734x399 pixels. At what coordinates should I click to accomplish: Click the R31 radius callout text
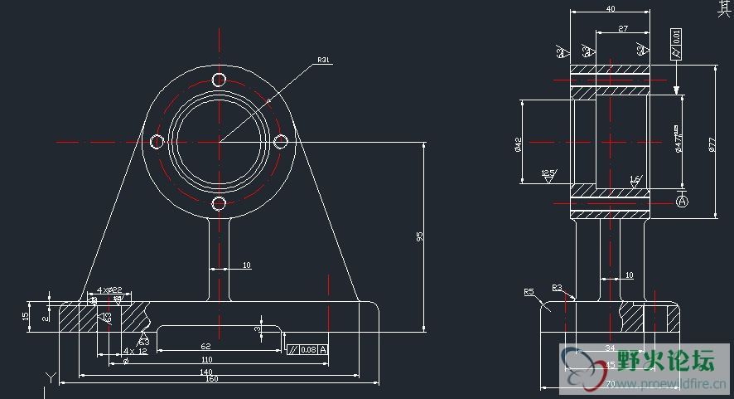click(x=323, y=60)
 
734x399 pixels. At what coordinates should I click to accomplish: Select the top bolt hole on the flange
click(x=219, y=80)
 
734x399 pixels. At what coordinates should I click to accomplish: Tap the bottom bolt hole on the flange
click(x=219, y=203)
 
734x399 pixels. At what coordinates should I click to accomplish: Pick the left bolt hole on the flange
click(x=156, y=142)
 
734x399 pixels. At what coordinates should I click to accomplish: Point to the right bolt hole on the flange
click(x=280, y=142)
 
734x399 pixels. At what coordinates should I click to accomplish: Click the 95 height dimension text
click(x=419, y=236)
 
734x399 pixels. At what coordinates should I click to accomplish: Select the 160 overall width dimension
click(x=211, y=379)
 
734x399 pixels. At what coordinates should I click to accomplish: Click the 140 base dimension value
click(x=207, y=372)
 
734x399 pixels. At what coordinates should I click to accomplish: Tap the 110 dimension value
click(x=207, y=360)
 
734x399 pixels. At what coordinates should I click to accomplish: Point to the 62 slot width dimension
click(x=206, y=347)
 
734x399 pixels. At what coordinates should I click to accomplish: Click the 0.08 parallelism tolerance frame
click(x=307, y=349)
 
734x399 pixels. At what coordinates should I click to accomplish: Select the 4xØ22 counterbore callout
click(x=109, y=290)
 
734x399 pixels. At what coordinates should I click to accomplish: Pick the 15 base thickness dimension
click(x=26, y=316)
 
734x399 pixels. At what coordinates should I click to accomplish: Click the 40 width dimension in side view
click(x=611, y=9)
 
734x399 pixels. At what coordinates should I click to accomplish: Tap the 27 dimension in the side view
click(x=623, y=29)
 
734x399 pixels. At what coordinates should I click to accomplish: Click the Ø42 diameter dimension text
click(x=517, y=144)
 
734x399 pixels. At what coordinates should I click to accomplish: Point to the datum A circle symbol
click(x=683, y=202)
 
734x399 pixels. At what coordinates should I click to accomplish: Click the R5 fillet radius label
click(x=529, y=292)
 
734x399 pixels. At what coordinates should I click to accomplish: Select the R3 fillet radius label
click(x=557, y=288)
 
